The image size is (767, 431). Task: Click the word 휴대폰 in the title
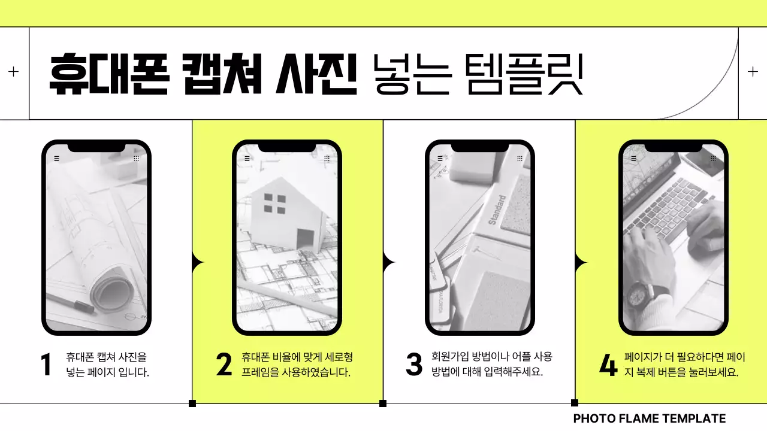coord(108,74)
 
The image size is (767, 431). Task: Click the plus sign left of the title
coord(14,72)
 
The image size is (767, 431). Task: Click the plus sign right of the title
coord(753,72)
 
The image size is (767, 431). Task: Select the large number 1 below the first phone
coord(46,365)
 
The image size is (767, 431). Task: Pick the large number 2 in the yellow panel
coord(224,365)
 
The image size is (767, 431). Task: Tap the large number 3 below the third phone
coord(414,365)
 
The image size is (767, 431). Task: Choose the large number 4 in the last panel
coord(608,365)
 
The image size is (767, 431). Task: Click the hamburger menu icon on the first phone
coord(56,159)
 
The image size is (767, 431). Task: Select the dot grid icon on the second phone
coord(327,159)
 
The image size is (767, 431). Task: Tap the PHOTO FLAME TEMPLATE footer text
coord(649,419)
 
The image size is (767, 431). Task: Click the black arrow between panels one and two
coord(197,262)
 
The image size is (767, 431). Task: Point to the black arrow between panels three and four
coord(580,262)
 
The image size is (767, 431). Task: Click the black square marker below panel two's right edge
coord(383,403)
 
